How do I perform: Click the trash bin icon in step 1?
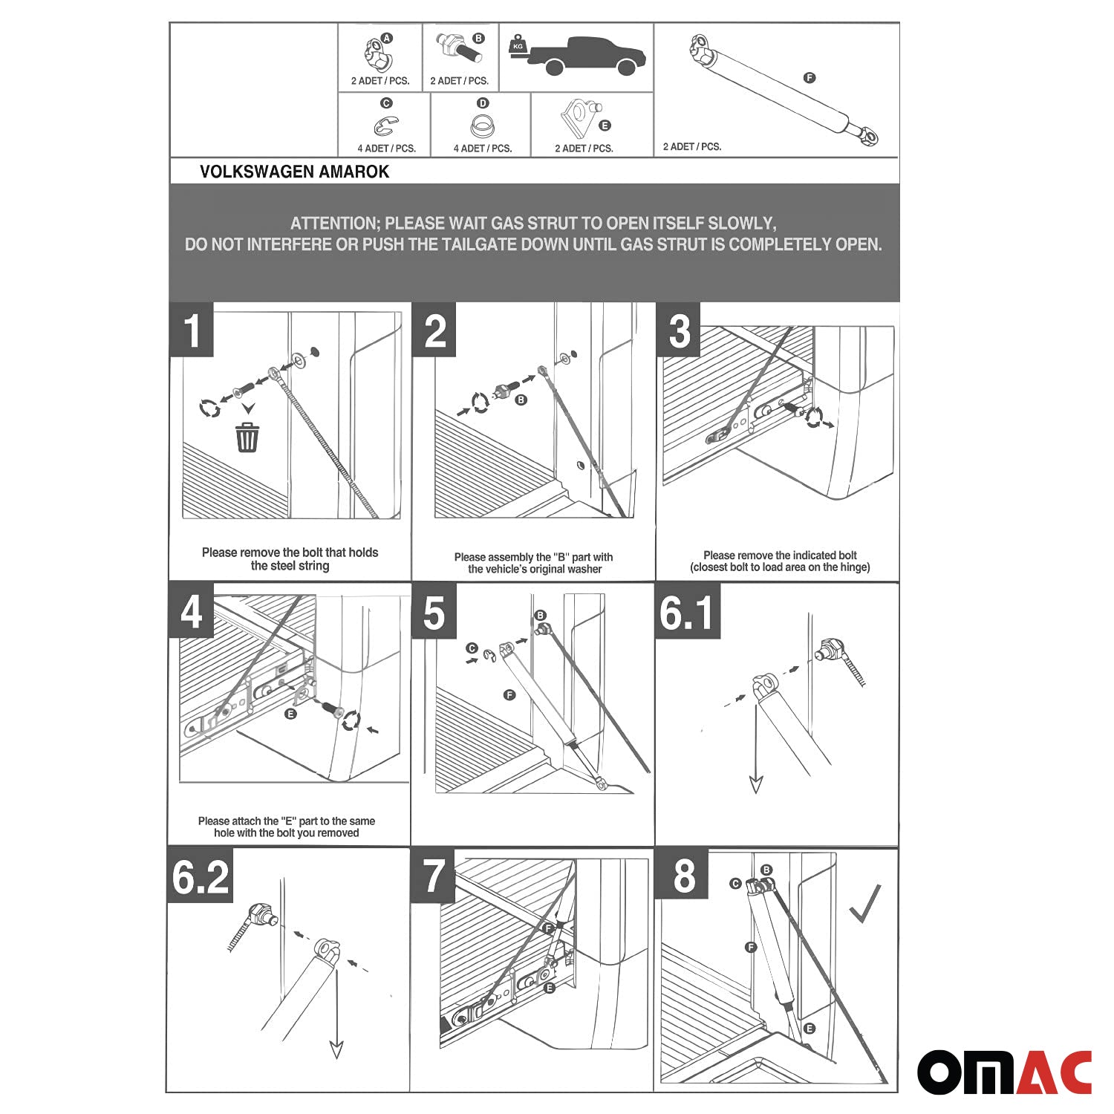click(247, 437)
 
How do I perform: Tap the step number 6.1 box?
click(687, 612)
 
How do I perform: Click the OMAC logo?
click(1004, 1071)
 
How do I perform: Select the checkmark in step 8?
click(865, 904)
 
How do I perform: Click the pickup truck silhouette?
click(589, 56)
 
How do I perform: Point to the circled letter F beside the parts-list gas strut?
click(810, 78)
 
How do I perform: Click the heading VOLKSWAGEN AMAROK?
click(294, 172)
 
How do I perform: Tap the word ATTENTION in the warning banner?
click(334, 224)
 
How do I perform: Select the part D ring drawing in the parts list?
click(483, 126)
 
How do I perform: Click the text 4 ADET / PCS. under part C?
click(386, 149)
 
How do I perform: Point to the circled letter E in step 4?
click(290, 714)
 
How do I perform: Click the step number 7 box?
click(432, 876)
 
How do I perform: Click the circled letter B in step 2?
click(521, 400)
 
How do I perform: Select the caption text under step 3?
click(780, 561)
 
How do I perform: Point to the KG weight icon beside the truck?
click(518, 45)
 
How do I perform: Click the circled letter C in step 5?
click(471, 648)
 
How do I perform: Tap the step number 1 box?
click(192, 330)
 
